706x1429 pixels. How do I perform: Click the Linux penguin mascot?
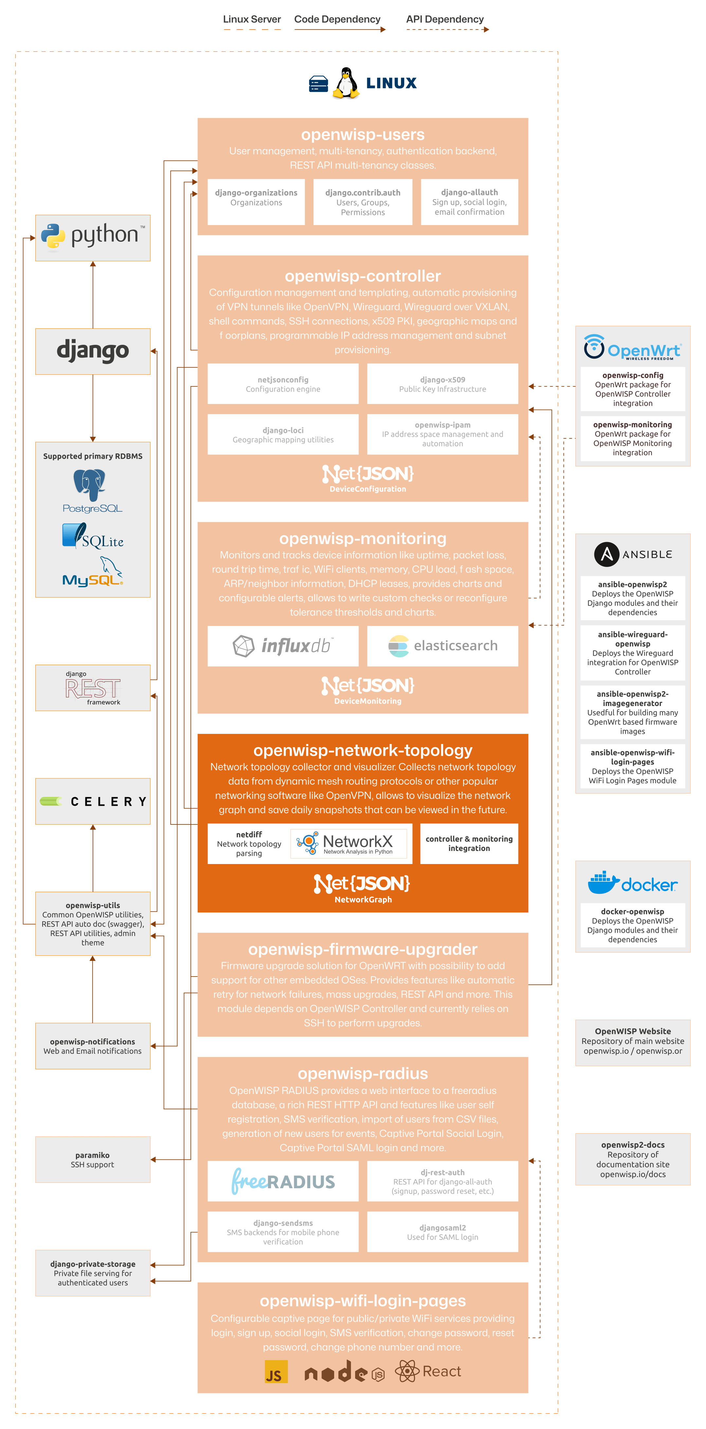coord(346,83)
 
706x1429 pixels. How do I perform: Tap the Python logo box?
coord(93,238)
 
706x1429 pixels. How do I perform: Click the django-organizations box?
coord(256,202)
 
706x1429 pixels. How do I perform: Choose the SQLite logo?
coord(93,537)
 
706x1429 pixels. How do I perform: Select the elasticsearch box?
coord(443,646)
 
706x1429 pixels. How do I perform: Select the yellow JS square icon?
coord(276,1371)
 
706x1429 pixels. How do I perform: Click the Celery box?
coord(93,801)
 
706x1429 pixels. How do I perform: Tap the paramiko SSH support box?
coord(93,1159)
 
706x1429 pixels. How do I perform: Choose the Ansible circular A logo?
coord(606,554)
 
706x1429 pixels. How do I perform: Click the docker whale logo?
coord(603,883)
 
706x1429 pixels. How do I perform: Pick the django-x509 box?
coord(443,384)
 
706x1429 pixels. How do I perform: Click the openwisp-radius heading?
coord(362,1073)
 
